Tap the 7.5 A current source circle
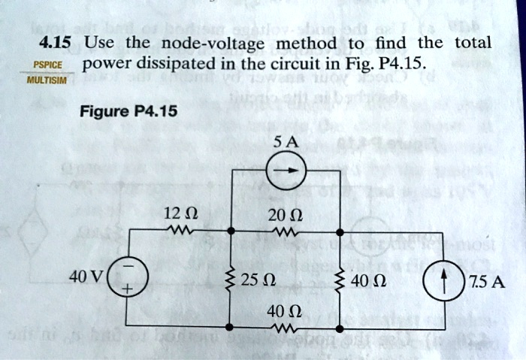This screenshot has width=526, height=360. tap(444, 282)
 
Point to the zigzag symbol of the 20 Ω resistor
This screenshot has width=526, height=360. tap(287, 231)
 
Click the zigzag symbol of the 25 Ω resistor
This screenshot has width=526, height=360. tap(230, 280)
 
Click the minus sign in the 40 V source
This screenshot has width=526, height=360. tap(128, 269)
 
